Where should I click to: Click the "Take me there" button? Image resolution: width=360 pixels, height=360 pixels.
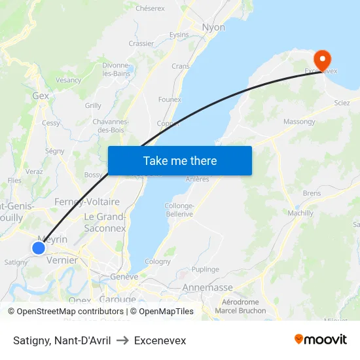point(179,161)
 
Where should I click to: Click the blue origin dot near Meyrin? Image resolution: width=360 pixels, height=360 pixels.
point(39,248)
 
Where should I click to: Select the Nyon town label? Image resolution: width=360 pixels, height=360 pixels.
point(214,27)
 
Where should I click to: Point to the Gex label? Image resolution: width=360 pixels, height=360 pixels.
point(41,96)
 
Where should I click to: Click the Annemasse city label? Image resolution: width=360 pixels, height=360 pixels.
point(207,287)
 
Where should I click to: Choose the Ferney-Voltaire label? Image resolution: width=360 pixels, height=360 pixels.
point(87,202)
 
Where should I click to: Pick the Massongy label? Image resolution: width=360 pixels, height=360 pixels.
point(299,122)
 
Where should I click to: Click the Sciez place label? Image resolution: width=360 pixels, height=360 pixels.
point(342,103)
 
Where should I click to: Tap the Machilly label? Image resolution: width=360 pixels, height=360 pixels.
point(300,213)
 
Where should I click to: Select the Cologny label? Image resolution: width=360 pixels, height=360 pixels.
point(158,261)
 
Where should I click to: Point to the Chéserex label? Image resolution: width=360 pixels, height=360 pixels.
point(150,9)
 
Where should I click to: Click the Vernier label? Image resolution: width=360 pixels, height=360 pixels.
point(63,260)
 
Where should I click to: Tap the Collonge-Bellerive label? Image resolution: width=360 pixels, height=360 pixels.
point(179,209)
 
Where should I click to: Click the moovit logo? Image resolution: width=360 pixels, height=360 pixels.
point(321,340)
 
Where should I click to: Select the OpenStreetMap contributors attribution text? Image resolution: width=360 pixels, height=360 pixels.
point(70,312)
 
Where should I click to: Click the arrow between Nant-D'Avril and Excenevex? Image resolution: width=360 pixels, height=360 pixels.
point(122,340)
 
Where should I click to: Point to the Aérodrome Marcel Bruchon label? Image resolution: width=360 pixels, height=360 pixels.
point(241,306)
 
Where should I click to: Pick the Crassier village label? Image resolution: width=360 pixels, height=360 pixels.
point(141,44)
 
